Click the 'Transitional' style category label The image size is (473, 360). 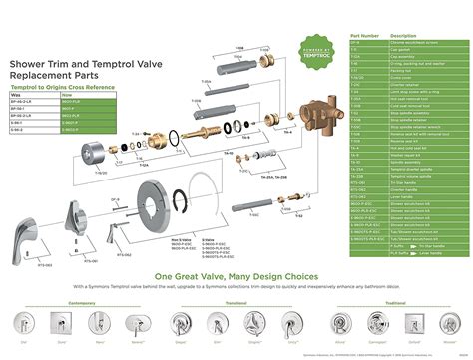pos(236,301)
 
